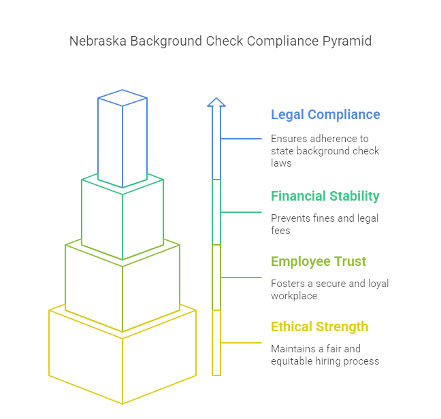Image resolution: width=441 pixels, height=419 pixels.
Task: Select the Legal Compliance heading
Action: point(325,114)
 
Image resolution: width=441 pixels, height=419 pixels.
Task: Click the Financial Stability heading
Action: point(325,196)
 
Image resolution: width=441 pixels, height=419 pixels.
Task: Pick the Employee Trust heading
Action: point(318,261)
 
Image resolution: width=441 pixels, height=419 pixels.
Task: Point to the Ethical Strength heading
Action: point(320,326)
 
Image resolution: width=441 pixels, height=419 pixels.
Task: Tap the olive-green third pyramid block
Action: point(122,286)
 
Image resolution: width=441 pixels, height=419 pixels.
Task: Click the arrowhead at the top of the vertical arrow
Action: point(216,103)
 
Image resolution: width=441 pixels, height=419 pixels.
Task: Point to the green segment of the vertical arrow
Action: point(216,212)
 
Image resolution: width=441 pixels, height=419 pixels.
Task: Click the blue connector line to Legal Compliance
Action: point(242,139)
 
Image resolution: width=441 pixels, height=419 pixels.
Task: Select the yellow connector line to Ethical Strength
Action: point(242,343)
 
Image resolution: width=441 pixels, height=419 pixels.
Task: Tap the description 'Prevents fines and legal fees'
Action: point(325,224)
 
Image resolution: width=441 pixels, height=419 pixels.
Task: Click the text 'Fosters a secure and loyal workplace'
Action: point(329,290)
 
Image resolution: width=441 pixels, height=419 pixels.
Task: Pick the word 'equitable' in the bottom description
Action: point(293,361)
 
